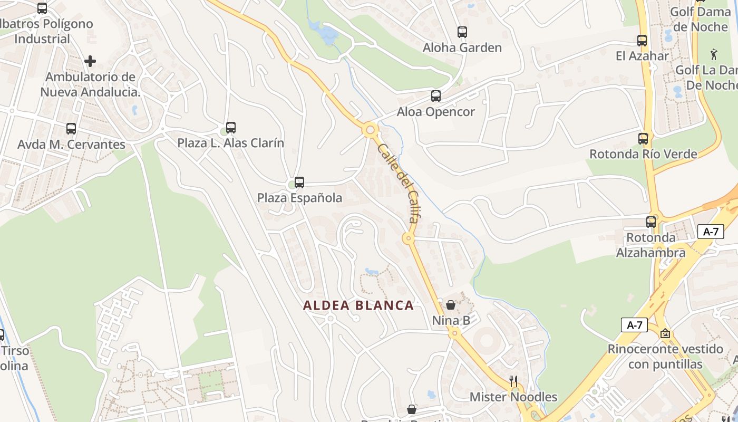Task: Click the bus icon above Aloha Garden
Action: pyautogui.click(x=462, y=32)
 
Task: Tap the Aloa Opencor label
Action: pyautogui.click(x=435, y=112)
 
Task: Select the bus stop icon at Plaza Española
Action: pyautogui.click(x=299, y=183)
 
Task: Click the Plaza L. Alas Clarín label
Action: pyautogui.click(x=230, y=143)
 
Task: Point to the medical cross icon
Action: pyautogui.click(x=90, y=61)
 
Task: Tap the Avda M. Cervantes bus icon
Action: pyautogui.click(x=71, y=129)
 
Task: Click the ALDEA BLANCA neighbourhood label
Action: pyautogui.click(x=358, y=305)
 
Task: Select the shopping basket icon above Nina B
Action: pyautogui.click(x=451, y=305)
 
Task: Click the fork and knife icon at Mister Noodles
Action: pyautogui.click(x=513, y=381)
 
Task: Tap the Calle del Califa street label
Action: pyautogui.click(x=399, y=183)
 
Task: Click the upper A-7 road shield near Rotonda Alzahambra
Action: pyautogui.click(x=711, y=231)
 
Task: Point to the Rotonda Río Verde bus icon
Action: pyautogui.click(x=643, y=139)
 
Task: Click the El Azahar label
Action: pyautogui.click(x=642, y=55)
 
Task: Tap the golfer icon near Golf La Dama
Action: pyautogui.click(x=714, y=54)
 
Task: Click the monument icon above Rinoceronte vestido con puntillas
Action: pyautogui.click(x=665, y=333)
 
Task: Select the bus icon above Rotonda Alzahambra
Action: pyautogui.click(x=651, y=222)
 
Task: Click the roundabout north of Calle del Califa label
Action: pyautogui.click(x=370, y=129)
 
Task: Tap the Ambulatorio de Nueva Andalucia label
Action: pyautogui.click(x=90, y=84)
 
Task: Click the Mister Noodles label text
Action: pyautogui.click(x=513, y=397)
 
